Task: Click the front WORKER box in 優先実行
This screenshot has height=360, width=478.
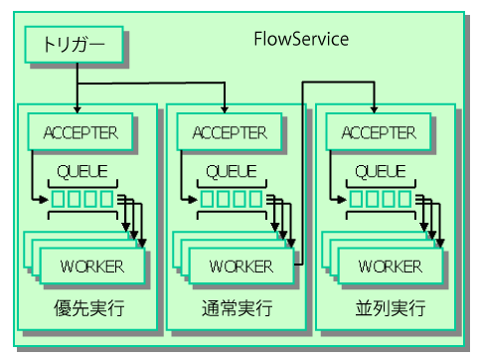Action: click(92, 266)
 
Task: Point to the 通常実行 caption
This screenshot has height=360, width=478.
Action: click(237, 309)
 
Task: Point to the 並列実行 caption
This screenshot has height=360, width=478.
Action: click(387, 309)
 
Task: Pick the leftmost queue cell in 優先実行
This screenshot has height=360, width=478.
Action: click(59, 200)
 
